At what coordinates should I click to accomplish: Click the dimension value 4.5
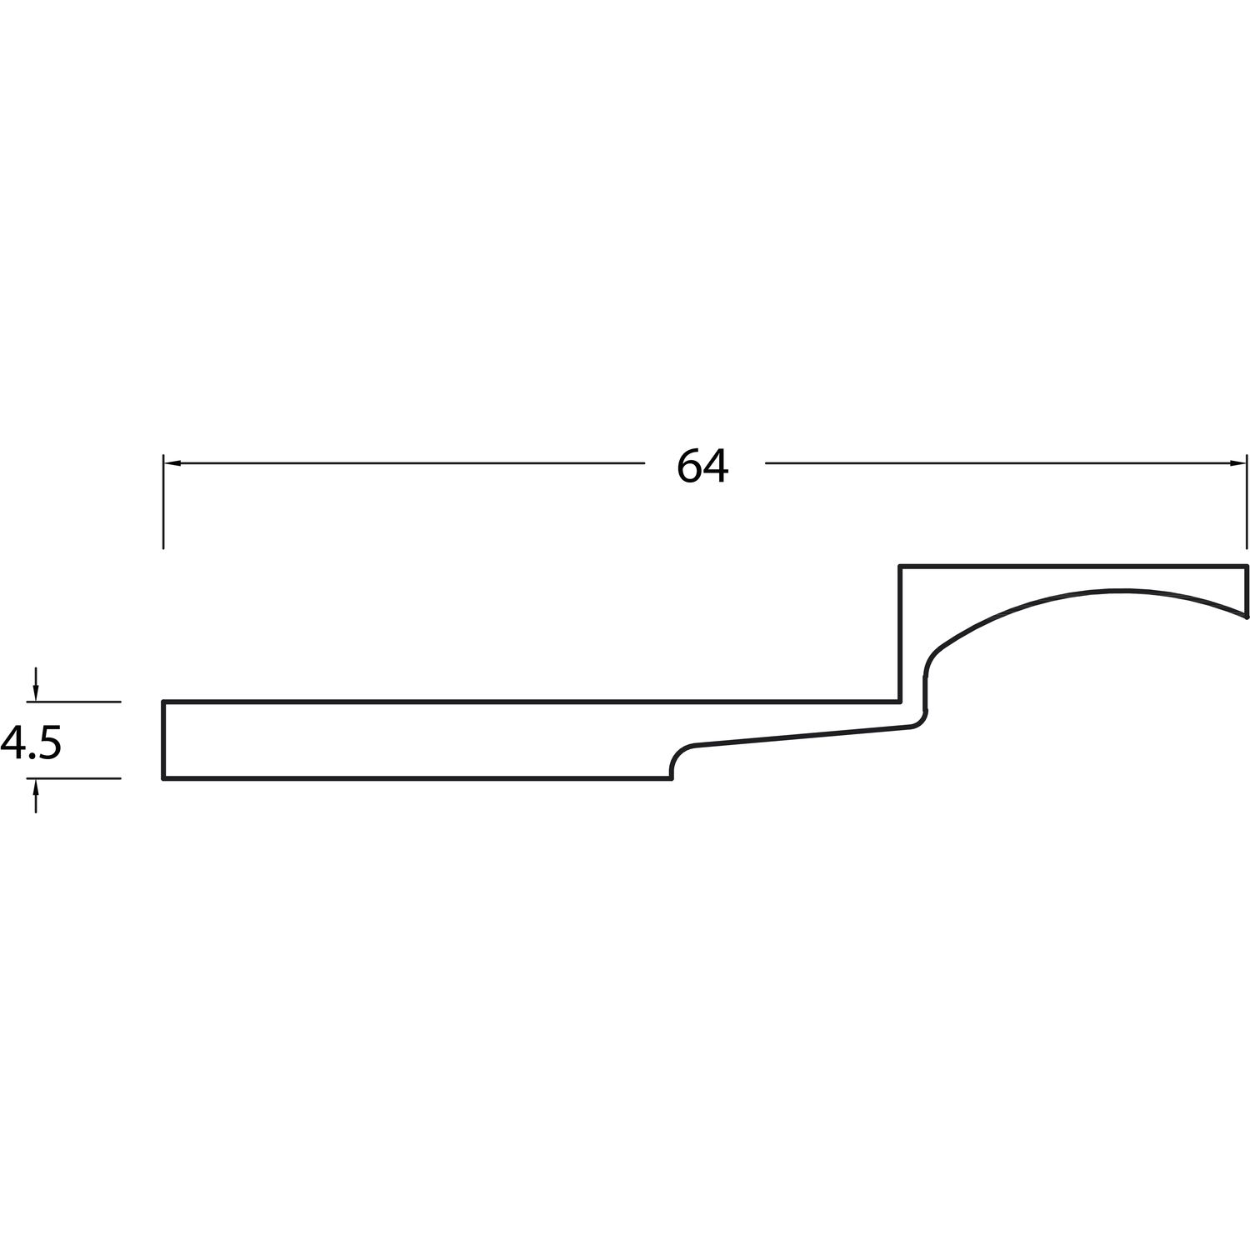[31, 742]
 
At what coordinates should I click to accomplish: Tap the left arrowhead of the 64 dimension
[172, 462]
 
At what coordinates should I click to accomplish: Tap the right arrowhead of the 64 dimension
[1237, 462]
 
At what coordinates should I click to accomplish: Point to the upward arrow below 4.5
[35, 796]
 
